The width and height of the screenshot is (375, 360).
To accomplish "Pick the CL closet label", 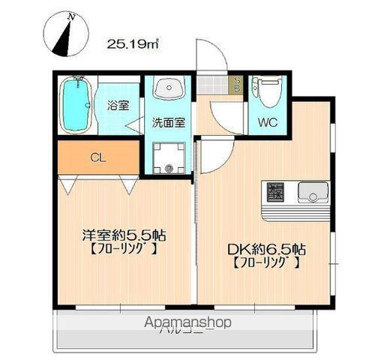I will coord(98,157).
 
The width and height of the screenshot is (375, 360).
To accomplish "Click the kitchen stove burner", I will coord(274,193).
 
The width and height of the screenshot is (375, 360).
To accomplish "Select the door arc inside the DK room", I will coord(213,156).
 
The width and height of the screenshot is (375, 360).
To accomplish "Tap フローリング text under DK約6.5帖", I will coord(267,263).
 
